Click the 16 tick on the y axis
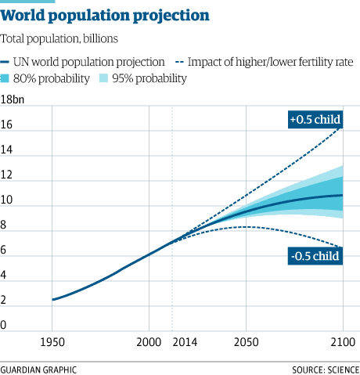(x=7, y=124)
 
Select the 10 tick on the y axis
(x=7, y=200)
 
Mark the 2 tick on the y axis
(x=5, y=300)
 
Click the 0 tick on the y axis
(x=5, y=325)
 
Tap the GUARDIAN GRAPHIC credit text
(x=39, y=368)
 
